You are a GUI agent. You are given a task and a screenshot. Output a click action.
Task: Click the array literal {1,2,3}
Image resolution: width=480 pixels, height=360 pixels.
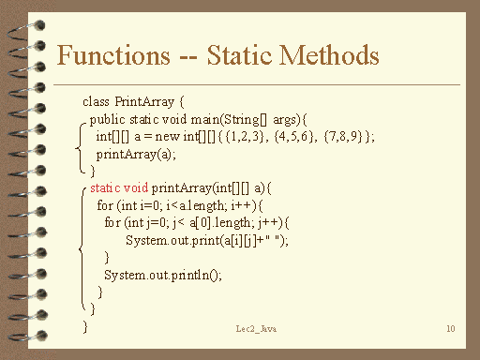click(254, 137)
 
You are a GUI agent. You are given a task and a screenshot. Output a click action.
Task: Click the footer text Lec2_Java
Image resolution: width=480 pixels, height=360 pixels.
click(256, 329)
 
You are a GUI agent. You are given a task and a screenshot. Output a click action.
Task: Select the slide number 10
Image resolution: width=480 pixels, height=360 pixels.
click(451, 329)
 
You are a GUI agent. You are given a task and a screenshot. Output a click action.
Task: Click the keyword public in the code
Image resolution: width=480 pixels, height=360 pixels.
click(109, 120)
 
